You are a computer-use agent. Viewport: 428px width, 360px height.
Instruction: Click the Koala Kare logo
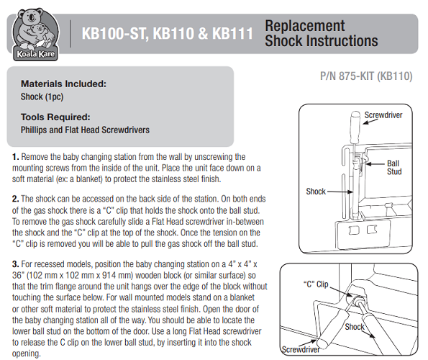pos(35,34)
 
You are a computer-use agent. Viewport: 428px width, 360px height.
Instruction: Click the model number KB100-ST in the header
pos(115,34)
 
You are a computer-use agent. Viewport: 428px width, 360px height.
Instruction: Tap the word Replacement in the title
pos(305,27)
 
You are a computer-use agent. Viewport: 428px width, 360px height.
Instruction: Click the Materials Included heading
pos(63,84)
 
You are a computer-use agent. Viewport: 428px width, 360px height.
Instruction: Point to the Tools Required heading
pos(55,117)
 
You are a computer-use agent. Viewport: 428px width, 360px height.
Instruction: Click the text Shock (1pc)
pos(42,96)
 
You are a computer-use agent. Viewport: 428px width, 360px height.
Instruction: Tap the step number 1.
pos(16,157)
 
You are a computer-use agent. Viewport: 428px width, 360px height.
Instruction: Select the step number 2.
pos(16,199)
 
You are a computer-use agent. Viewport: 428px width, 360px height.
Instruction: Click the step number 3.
pos(16,264)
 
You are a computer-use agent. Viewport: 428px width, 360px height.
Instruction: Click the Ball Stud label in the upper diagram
pos(394,167)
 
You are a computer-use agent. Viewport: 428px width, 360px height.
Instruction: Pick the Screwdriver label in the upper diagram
pos(383,115)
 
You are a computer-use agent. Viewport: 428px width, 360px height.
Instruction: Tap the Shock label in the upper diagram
pos(316,192)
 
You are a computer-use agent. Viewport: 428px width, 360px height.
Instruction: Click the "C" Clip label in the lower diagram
pos(316,284)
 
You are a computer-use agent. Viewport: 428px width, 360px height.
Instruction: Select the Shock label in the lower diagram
pos(355,327)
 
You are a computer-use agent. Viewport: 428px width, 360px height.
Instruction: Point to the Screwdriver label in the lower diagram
pos(301,350)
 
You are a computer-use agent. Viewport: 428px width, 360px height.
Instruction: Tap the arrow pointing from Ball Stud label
pos(375,164)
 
